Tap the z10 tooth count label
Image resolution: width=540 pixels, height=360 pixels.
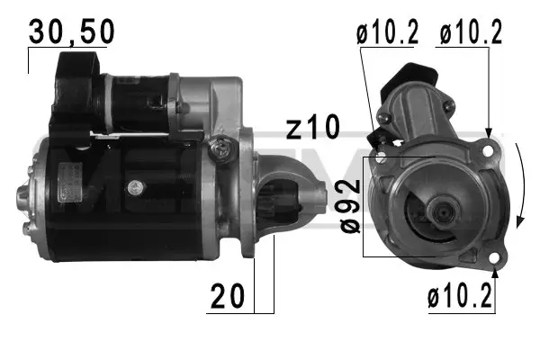click(x=314, y=127)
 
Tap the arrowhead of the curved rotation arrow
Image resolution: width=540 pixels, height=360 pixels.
click(x=521, y=221)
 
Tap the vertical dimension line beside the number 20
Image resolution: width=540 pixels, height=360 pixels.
click(x=256, y=270)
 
